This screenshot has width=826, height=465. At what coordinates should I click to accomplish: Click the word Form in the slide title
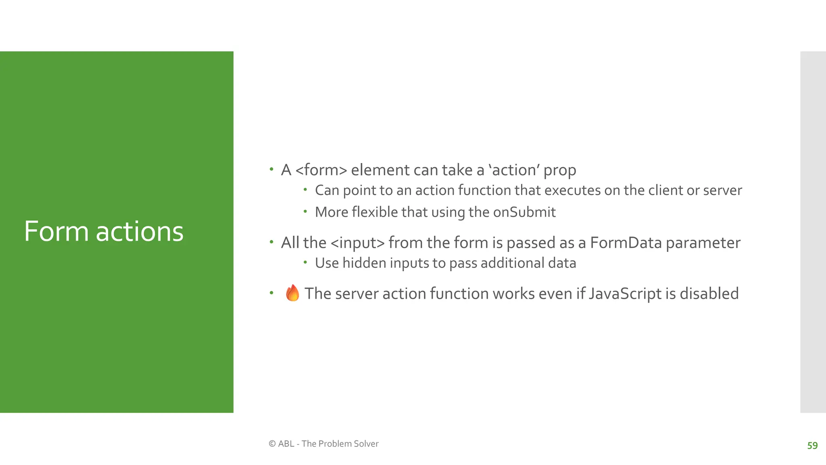(56, 232)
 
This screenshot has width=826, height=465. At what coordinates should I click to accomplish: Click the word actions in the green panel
(140, 232)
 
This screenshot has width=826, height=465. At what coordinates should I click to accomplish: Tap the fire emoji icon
(292, 293)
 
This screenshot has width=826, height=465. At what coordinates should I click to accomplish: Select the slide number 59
(812, 446)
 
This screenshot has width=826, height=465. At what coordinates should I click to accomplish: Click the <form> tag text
(321, 170)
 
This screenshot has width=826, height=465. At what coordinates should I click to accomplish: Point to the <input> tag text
(357, 243)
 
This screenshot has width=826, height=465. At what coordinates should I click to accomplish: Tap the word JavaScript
(625, 294)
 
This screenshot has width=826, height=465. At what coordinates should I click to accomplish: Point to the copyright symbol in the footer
(272, 444)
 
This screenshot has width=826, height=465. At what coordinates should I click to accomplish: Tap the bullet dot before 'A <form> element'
(271, 169)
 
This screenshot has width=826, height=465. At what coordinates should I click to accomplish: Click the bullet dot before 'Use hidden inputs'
(305, 262)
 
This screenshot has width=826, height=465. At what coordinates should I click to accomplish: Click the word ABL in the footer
(286, 444)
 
